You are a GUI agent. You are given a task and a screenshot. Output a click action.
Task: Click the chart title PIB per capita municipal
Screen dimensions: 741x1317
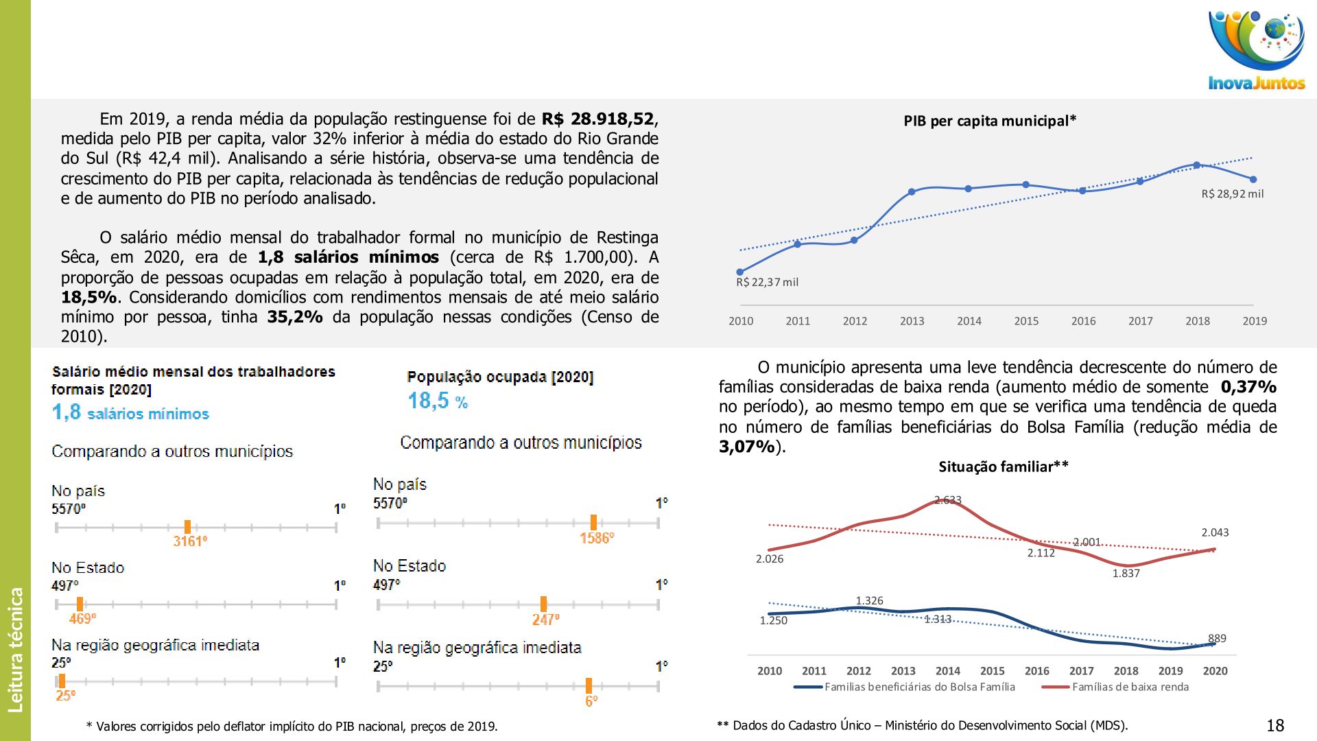click(989, 121)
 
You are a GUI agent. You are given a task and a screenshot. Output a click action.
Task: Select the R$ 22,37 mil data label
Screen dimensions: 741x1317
click(767, 282)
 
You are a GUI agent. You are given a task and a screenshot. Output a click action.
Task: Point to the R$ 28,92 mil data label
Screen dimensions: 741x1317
click(1232, 194)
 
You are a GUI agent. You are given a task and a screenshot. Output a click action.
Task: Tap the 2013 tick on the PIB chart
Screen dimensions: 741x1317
click(912, 321)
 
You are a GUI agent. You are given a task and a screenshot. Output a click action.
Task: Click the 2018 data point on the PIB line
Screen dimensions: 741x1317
click(1196, 165)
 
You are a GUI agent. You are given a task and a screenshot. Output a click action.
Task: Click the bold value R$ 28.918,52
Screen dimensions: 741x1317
click(597, 119)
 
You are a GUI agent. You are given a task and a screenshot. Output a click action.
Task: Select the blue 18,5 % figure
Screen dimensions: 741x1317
click(438, 401)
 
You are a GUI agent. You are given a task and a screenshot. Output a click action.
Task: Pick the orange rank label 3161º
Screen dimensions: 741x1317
click(190, 541)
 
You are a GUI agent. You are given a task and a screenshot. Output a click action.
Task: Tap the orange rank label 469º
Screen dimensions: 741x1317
click(82, 619)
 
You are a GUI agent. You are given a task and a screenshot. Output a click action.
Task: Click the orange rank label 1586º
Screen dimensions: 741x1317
click(597, 539)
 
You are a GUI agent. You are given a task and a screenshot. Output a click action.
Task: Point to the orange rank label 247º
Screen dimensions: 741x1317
click(545, 620)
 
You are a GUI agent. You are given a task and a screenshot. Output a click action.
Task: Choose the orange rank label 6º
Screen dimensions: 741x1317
click(591, 701)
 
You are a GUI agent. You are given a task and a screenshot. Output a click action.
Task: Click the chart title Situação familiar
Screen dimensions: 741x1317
click(1003, 467)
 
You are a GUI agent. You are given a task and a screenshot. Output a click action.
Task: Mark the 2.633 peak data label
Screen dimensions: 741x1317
click(948, 500)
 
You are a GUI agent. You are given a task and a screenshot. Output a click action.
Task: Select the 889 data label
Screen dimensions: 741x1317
click(1217, 639)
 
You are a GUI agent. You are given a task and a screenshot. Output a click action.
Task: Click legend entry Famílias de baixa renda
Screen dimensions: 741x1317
click(1130, 687)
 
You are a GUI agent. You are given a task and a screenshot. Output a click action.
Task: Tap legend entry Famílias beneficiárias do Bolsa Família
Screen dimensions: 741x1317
click(919, 687)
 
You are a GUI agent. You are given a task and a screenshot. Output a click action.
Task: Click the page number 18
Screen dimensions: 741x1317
click(1275, 725)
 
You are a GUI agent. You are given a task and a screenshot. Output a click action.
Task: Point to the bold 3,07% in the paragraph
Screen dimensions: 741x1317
click(747, 447)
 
